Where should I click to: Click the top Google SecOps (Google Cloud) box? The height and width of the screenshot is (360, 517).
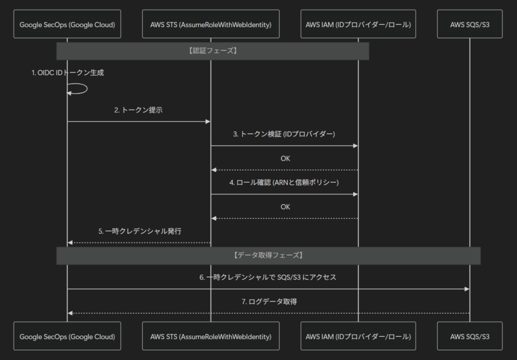click(x=67, y=24)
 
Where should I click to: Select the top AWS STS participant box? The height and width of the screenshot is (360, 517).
click(x=211, y=24)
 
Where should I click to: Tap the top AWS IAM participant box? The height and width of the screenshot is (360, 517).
click(x=358, y=24)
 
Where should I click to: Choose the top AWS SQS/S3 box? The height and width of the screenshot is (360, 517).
click(x=470, y=24)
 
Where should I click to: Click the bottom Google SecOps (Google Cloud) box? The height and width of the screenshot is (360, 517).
click(x=67, y=336)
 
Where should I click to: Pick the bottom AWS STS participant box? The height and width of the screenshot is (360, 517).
click(x=211, y=336)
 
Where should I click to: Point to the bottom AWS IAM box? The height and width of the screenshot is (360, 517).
click(x=358, y=336)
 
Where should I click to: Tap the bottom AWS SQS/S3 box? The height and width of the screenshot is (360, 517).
click(x=470, y=336)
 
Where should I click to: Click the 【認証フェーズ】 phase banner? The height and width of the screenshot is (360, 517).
click(x=213, y=51)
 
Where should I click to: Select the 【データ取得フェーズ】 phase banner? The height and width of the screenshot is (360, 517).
click(x=269, y=255)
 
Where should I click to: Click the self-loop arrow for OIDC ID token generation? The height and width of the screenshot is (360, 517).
click(x=87, y=89)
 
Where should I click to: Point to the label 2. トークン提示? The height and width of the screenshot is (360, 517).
click(x=138, y=110)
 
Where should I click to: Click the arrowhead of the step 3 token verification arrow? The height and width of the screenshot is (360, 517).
click(x=355, y=146)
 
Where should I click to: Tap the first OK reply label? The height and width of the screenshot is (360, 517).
click(x=285, y=159)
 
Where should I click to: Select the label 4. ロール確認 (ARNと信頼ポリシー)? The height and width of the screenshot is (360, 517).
click(x=284, y=183)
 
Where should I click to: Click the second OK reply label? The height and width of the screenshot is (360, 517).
click(x=285, y=207)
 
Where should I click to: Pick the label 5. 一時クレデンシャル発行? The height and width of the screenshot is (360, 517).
click(x=140, y=231)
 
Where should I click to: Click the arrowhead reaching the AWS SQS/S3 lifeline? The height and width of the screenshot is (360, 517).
click(x=467, y=289)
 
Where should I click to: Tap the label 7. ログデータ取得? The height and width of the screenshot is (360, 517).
click(x=269, y=301)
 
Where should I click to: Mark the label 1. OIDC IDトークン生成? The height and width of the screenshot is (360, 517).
click(x=68, y=73)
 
